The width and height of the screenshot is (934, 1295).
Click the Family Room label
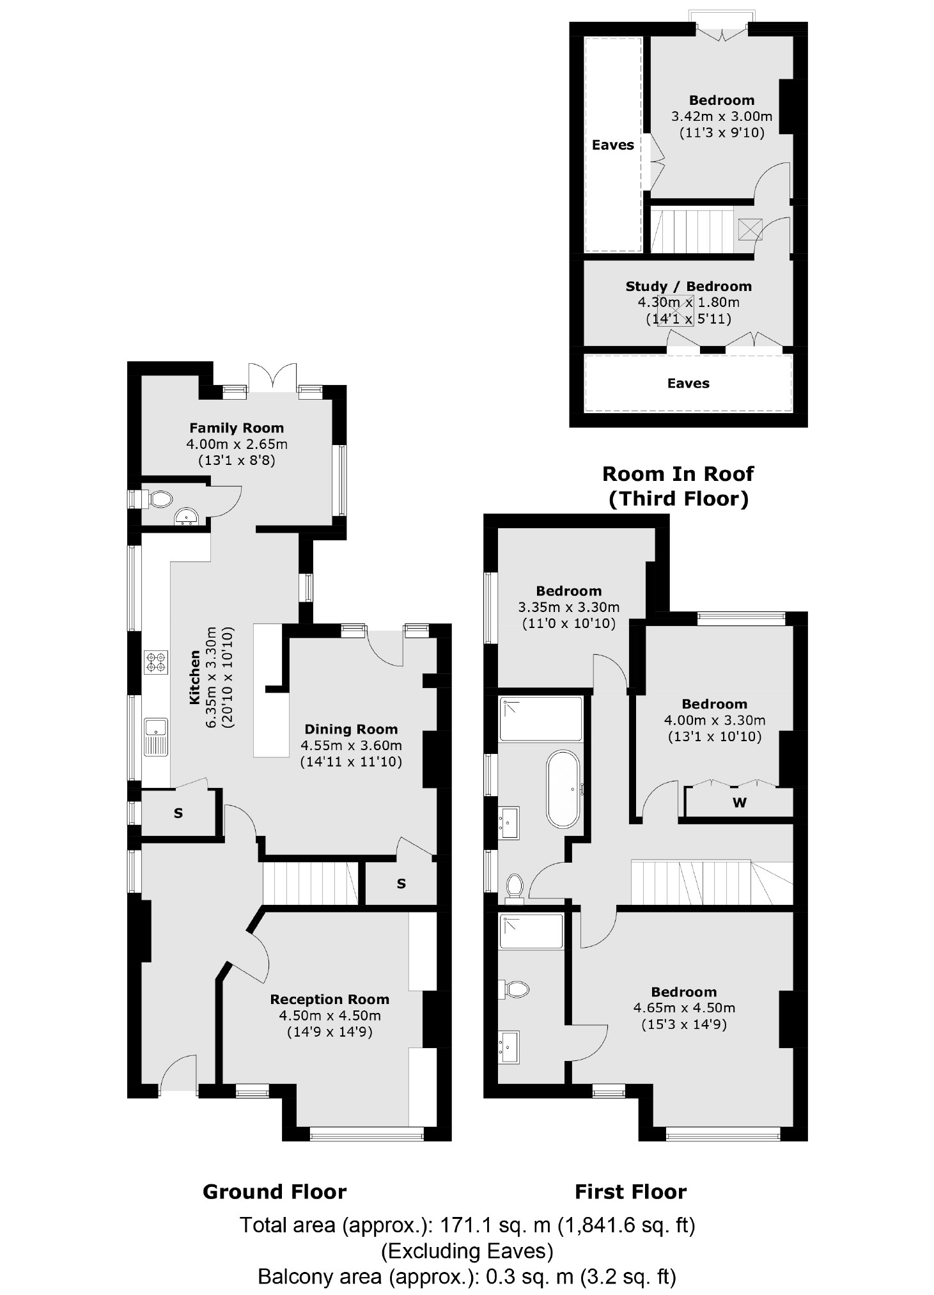(x=236, y=428)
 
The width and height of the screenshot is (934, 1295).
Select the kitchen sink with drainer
(x=156, y=736)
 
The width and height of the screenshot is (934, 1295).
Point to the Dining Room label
(x=351, y=729)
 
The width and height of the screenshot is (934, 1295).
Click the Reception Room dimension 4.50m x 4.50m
(x=329, y=1016)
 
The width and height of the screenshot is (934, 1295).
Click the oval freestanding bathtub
(x=563, y=789)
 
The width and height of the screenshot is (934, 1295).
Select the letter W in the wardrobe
(x=740, y=803)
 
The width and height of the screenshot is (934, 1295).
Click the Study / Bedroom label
(x=688, y=286)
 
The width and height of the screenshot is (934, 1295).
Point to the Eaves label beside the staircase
(x=612, y=145)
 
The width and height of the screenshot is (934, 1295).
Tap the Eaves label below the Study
(x=688, y=383)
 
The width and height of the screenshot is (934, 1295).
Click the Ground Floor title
(x=274, y=1192)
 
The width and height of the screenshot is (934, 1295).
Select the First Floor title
(x=630, y=1192)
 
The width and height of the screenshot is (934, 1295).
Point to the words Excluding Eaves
(x=467, y=1250)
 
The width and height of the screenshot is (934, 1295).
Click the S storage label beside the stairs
(x=401, y=884)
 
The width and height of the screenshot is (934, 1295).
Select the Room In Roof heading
(x=678, y=474)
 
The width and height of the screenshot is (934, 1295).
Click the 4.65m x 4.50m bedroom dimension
(x=684, y=1009)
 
